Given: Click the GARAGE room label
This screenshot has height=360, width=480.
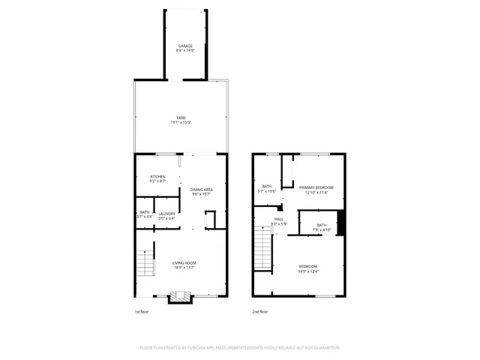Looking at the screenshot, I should point(185,46).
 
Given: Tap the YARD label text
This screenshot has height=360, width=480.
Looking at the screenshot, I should point(181,118).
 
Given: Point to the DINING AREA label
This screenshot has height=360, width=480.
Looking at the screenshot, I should point(202,189).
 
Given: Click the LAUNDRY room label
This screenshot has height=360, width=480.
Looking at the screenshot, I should point(166,213).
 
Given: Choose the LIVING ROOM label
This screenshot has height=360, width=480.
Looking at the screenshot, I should point(184,262).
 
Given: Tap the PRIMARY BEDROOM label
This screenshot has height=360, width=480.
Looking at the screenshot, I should point(316,187).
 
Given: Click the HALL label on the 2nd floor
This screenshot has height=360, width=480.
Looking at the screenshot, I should point(279,218).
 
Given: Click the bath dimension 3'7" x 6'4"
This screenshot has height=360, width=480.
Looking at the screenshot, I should point(145,217).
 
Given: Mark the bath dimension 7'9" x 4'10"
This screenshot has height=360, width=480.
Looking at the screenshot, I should point(321,229).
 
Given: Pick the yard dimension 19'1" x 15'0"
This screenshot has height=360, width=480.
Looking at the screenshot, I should point(181,123).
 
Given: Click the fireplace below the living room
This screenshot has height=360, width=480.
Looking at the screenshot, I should point(181,298).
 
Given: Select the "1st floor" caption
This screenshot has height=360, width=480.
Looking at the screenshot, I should point(142,312).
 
